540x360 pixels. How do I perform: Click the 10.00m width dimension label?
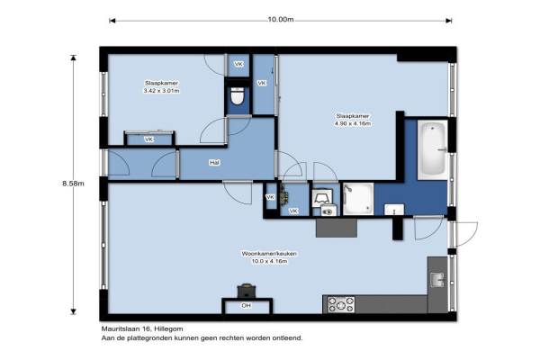281,20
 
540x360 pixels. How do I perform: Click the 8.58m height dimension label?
73,184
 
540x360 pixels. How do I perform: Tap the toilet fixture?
237,95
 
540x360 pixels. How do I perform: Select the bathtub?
433,148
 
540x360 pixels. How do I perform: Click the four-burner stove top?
341,304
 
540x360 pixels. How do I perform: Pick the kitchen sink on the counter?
437,279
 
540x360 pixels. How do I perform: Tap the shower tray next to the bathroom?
358,199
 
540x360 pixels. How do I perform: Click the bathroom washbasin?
394,210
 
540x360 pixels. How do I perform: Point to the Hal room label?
214,162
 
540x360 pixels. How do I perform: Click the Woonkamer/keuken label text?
269,254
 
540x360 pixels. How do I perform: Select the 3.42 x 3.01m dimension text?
161,91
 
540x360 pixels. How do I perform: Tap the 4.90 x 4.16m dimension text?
353,123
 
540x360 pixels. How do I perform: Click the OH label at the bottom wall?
246,306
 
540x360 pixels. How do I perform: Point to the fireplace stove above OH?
247,291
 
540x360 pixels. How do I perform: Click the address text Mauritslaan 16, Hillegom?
142,329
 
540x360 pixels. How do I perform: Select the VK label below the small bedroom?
148,139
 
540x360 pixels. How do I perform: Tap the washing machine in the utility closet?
328,211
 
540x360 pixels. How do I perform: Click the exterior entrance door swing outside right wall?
465,234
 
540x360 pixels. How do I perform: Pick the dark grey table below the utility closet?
336,228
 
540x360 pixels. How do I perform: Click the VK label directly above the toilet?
238,64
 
